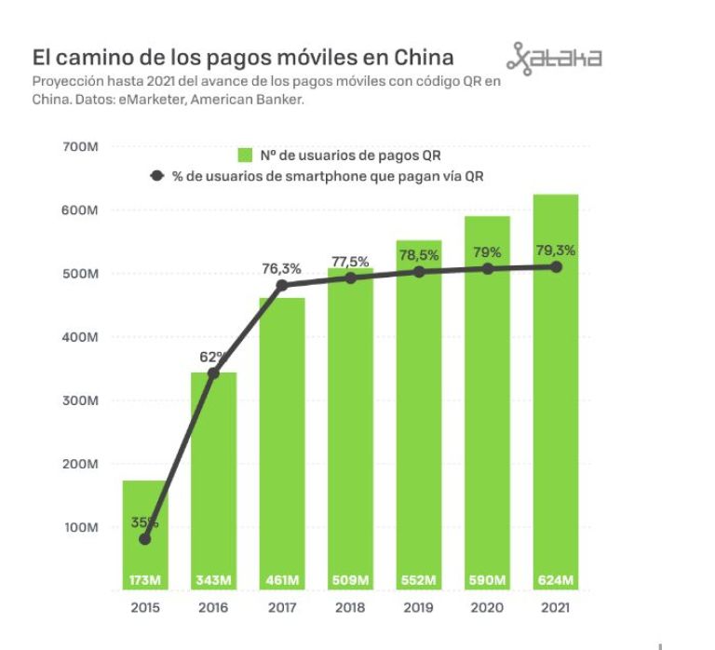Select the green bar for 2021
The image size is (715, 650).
tap(556, 391)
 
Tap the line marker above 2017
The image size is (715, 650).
tap(282, 285)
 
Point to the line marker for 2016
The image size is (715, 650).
tap(213, 372)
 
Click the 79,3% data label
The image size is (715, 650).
tap(556, 250)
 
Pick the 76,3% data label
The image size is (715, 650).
tap(281, 268)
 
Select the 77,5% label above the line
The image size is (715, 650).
tap(350, 262)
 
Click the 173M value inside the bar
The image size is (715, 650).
tap(145, 580)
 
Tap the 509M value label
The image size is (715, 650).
tap(350, 580)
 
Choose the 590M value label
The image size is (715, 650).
tap(487, 580)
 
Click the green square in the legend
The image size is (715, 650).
tap(246, 156)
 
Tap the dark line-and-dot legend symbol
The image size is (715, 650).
tap(156, 175)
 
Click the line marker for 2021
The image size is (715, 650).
tap(556, 266)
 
